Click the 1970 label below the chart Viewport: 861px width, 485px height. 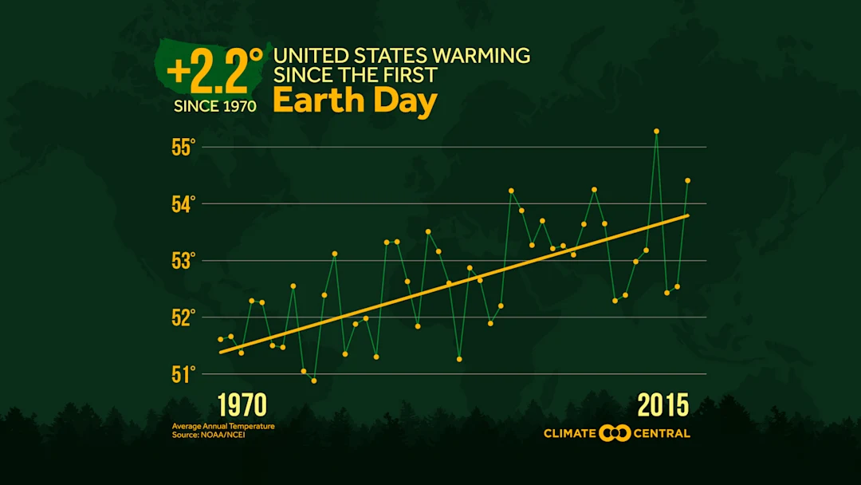click(242, 405)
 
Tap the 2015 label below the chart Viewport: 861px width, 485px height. click(662, 405)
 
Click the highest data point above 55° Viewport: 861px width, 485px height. click(656, 131)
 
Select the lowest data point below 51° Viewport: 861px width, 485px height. click(314, 381)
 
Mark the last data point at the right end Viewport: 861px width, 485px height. click(687, 180)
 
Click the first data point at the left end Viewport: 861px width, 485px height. click(221, 339)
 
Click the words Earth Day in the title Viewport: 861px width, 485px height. click(355, 102)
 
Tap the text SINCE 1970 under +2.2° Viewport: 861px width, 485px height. click(215, 106)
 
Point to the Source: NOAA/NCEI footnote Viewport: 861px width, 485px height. click(208, 435)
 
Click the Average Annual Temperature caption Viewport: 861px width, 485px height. click(223, 426)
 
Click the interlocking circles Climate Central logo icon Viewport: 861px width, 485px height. click(615, 433)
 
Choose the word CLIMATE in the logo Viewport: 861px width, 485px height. click(570, 433)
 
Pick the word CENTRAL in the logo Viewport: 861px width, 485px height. click(662, 433)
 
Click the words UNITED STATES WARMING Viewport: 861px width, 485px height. click(402, 56)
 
